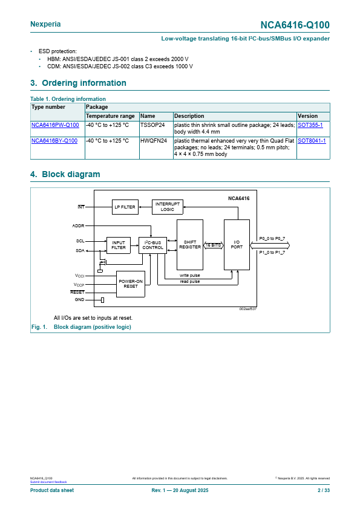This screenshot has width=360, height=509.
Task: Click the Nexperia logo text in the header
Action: (45, 24)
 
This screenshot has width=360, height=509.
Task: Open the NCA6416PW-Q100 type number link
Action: (55, 125)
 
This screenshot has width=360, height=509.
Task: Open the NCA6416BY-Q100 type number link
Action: (54, 141)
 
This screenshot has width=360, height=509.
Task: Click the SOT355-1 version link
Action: (310, 125)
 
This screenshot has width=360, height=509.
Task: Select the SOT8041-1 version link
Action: (312, 141)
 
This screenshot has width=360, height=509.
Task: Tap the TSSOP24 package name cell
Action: (152, 125)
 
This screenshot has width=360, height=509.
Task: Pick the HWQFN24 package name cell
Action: (154, 141)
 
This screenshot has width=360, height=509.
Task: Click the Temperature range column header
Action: (110, 116)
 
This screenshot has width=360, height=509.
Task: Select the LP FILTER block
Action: (125, 207)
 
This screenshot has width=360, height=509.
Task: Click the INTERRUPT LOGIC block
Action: (168, 207)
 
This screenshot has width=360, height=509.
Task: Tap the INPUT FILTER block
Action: (119, 245)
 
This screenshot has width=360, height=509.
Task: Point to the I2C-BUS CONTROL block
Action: (152, 245)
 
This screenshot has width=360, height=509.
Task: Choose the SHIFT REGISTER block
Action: (190, 245)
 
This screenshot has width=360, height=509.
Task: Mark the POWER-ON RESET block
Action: (131, 284)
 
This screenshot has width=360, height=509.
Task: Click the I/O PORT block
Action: (237, 245)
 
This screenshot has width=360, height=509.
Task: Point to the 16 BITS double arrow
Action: (214, 245)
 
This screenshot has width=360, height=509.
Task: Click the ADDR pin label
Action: (78, 225)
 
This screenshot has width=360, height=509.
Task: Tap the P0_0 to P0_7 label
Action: (272, 239)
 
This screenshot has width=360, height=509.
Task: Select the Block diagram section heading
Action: (65, 174)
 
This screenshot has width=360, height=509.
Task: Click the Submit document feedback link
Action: (48, 482)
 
